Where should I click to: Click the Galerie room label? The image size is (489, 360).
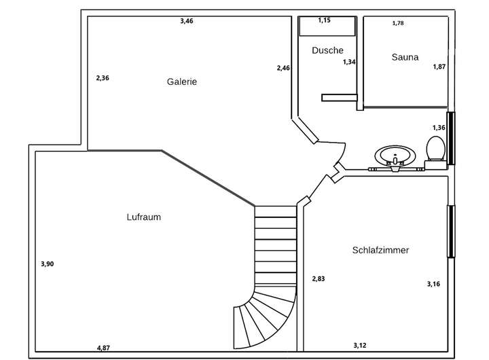(182, 82)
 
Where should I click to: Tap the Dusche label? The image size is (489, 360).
(327, 50)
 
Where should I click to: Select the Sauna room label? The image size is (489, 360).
(405, 57)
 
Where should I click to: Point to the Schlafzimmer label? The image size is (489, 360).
(380, 250)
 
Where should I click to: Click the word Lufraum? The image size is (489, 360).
(143, 217)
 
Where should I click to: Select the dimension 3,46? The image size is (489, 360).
(187, 21)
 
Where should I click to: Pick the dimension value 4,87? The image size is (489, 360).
(103, 348)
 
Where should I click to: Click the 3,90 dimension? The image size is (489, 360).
(47, 264)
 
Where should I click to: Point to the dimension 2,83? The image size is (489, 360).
(319, 278)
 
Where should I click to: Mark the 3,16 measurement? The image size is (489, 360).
(433, 284)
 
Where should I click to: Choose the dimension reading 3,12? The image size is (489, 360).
(360, 345)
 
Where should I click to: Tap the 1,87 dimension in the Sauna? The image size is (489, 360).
(439, 67)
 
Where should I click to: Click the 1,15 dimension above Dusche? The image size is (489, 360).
(325, 20)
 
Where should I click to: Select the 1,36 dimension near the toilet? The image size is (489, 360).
(439, 128)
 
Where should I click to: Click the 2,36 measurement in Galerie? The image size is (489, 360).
(103, 78)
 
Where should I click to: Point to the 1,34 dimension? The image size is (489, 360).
(349, 62)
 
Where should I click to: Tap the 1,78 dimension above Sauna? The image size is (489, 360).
(398, 24)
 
